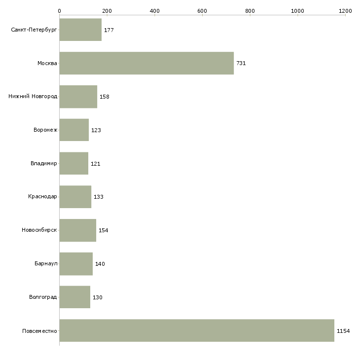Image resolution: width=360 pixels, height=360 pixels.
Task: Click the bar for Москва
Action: tap(146, 63)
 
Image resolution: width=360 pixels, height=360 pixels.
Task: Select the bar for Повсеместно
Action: tap(197, 330)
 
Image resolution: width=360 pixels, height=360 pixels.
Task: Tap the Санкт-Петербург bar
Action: tap(80, 30)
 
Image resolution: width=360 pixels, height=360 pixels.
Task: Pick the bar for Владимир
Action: tap(73, 163)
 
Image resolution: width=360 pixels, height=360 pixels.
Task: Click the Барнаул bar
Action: tap(76, 264)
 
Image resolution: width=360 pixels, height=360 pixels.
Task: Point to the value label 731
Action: tap(241, 63)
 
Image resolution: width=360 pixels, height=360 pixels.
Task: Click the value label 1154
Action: tap(343, 331)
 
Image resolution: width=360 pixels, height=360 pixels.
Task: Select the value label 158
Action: tap(105, 97)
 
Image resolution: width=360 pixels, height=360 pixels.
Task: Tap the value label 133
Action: tap(99, 197)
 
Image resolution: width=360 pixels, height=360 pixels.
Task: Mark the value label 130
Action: tap(98, 297)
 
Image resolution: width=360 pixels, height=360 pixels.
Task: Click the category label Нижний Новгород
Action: tap(33, 96)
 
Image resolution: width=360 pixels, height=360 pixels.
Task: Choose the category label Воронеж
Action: tap(45, 130)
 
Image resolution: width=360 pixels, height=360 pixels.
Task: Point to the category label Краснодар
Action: tap(42, 197)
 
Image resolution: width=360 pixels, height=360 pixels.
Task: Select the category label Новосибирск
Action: tap(39, 230)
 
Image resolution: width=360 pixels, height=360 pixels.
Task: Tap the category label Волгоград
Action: tap(43, 297)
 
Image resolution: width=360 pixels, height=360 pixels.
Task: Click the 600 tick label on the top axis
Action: tap(202, 11)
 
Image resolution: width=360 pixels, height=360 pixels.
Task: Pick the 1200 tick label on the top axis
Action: tap(345, 11)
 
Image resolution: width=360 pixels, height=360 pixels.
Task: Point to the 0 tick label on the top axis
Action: tap(60, 11)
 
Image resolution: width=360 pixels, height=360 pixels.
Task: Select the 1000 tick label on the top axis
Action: tap(297, 11)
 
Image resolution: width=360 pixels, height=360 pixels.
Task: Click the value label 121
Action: tap(96, 164)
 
